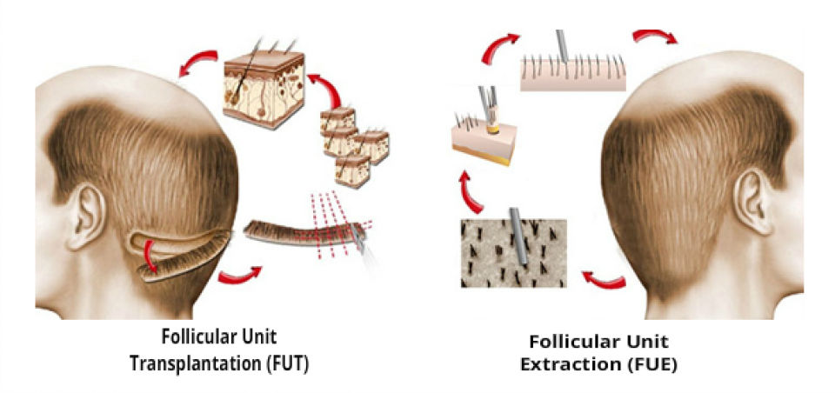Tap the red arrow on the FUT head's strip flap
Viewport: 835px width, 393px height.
tap(154, 258)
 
